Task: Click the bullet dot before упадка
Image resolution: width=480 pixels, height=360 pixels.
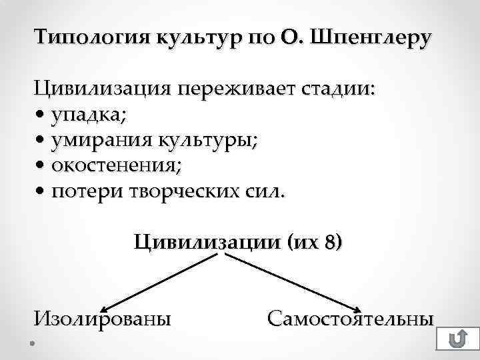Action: pos(41,115)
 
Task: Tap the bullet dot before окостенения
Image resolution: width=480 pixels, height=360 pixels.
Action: pos(41,165)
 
